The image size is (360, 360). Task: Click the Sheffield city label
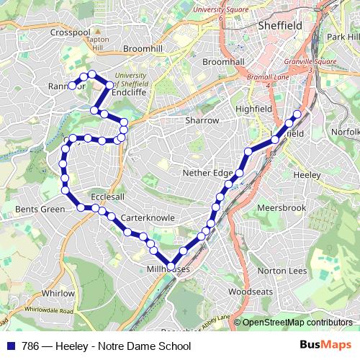pyautogui.click(x=280, y=26)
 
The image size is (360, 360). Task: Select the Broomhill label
pyautogui.click(x=143, y=48)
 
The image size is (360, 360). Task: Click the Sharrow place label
pyautogui.click(x=202, y=120)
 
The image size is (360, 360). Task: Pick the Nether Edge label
pyautogui.click(x=209, y=174)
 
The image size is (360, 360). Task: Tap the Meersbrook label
pyautogui.click(x=282, y=208)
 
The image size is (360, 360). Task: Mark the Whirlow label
pyautogui.click(x=58, y=293)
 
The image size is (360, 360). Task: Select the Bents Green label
pyautogui.click(x=40, y=210)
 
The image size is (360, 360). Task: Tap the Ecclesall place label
pyautogui.click(x=108, y=197)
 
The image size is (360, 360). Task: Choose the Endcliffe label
pyautogui.click(x=130, y=92)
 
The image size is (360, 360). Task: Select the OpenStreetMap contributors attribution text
pyautogui.click(x=297, y=323)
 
